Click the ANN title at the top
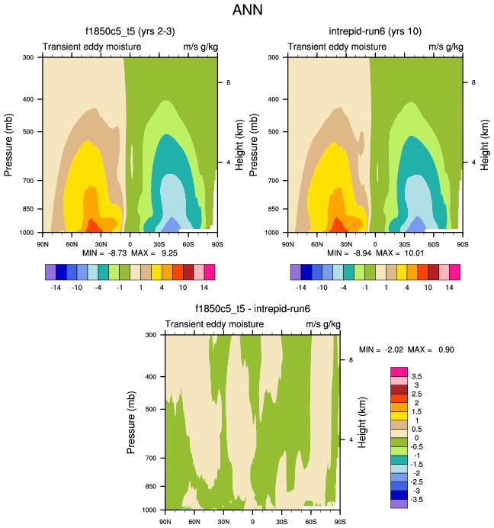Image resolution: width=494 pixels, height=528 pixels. coord(246,11)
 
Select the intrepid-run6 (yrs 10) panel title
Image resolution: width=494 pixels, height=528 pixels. coord(374,32)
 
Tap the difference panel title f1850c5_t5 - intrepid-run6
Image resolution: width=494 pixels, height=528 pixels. coord(252,308)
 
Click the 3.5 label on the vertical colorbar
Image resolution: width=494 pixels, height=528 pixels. coord(417,376)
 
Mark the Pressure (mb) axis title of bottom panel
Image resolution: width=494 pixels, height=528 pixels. coord(131,421)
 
